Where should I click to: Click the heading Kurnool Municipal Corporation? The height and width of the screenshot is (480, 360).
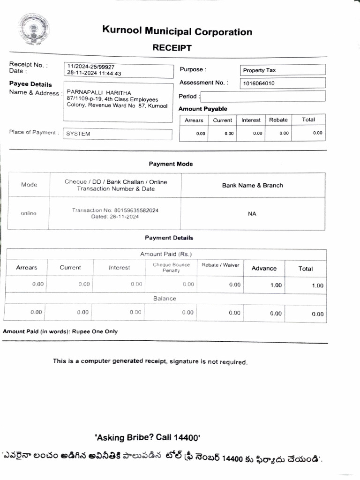coord(177,31)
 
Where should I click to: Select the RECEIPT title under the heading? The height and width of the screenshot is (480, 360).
coord(172,48)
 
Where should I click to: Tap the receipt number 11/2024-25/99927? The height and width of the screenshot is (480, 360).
coord(91,67)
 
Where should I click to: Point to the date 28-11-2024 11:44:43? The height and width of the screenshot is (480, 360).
coord(94,74)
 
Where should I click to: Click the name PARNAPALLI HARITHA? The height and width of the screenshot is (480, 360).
coord(99,92)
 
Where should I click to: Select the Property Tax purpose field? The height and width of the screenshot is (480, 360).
coord(282,70)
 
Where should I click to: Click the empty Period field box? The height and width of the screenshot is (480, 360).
coord(262,97)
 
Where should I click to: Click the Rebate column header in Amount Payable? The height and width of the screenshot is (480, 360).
coord(278,120)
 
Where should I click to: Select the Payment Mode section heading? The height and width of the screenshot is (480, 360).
coord(171,164)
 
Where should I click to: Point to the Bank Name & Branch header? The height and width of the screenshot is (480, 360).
coord(252,185)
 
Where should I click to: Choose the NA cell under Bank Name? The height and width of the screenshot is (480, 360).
coord(252,214)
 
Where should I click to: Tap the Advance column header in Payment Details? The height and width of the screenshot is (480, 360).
coord(264,268)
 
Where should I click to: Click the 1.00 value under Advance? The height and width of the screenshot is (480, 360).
coord(276,285)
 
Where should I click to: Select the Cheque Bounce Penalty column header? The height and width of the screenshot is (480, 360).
coord(171,268)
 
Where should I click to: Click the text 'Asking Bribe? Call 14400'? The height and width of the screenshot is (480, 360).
coord(147,438)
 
